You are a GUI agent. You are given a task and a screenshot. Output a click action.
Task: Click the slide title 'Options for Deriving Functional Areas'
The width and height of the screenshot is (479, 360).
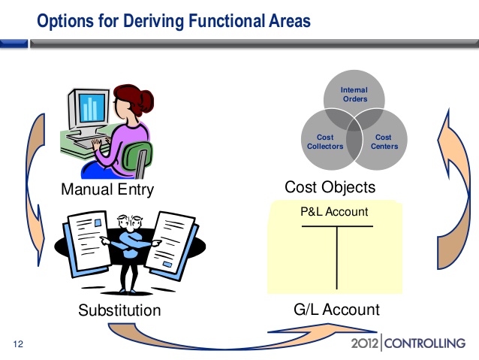click(173, 21)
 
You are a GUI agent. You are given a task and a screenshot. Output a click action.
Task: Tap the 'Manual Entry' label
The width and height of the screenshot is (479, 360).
click(107, 189)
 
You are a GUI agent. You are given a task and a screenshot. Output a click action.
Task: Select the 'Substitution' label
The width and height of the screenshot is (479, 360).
click(119, 310)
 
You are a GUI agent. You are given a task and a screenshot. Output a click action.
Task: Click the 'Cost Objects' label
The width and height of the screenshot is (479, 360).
click(330, 186)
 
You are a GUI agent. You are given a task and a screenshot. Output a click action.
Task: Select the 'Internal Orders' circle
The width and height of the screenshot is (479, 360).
click(354, 94)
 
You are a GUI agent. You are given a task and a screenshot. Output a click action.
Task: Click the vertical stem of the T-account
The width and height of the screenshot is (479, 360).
click(337, 259)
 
